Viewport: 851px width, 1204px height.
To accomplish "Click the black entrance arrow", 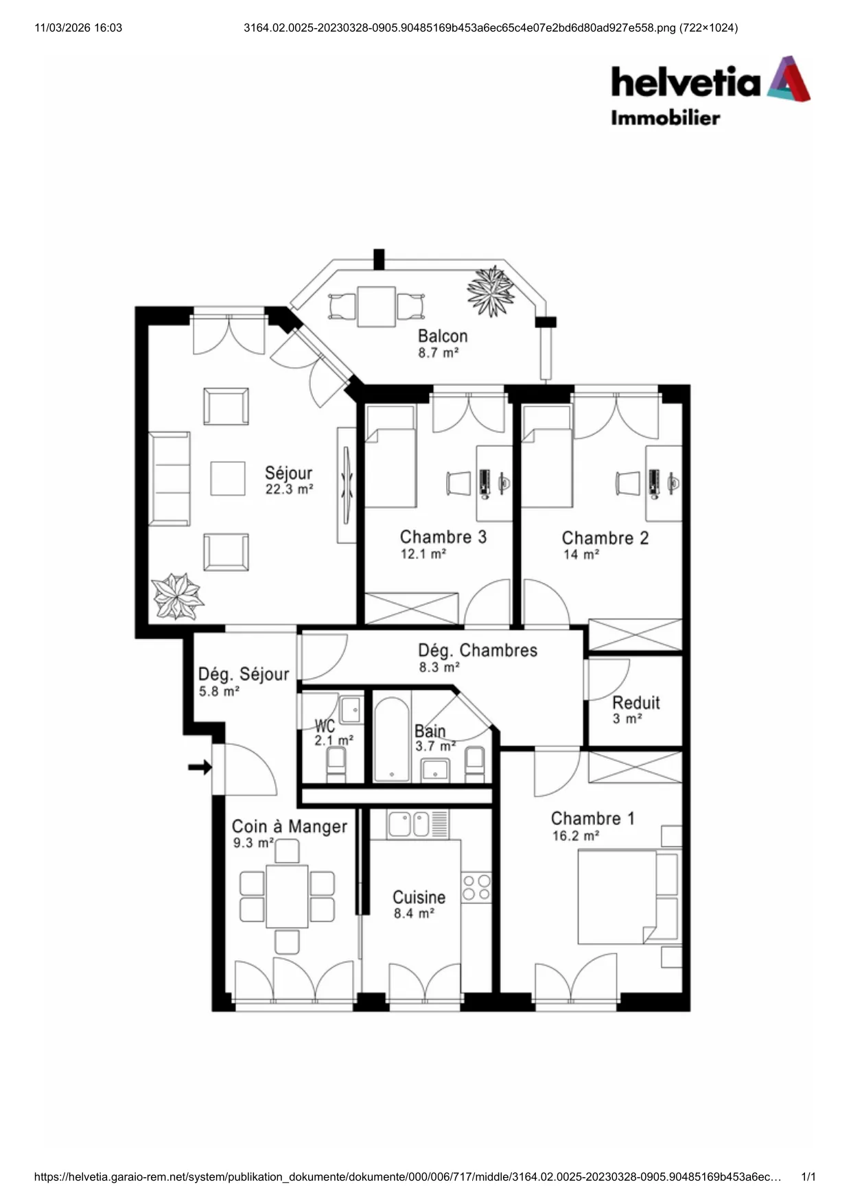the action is click(x=200, y=767).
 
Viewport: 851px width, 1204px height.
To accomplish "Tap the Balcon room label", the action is click(x=443, y=336).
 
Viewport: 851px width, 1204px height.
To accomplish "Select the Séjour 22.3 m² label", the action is click(x=289, y=480).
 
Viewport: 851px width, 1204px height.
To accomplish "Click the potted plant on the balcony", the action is click(x=491, y=291).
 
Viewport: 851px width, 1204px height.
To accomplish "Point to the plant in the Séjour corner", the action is click(x=177, y=597).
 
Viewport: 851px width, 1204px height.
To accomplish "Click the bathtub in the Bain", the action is click(x=392, y=740).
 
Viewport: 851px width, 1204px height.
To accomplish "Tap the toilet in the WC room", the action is click(x=336, y=765).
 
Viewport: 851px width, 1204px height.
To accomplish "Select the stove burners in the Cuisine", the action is click(x=476, y=887).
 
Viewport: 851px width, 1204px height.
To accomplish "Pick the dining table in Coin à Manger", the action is click(x=287, y=896).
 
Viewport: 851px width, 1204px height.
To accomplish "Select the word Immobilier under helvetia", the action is click(x=665, y=118).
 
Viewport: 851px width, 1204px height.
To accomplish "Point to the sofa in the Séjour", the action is click(x=170, y=479).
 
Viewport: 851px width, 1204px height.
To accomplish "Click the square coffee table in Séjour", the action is click(x=228, y=478).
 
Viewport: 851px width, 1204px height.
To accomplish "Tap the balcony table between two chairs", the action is click(x=376, y=306).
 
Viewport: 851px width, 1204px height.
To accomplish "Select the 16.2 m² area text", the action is click(x=576, y=836).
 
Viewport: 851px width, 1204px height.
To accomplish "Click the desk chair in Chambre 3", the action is click(x=458, y=483).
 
